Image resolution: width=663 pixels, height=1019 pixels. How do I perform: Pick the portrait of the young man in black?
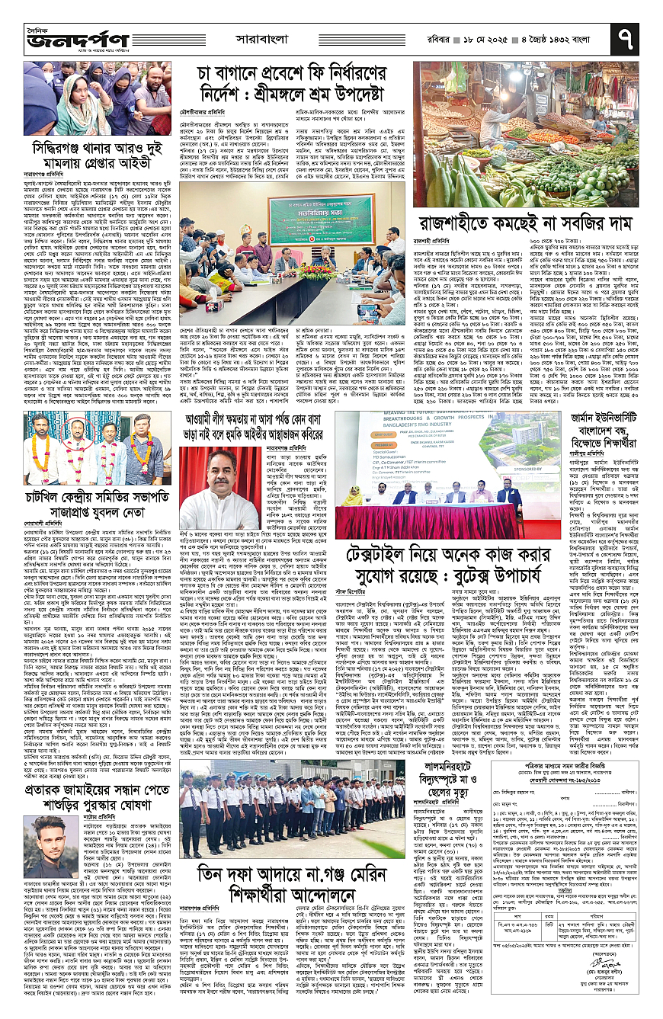(44, 835)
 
